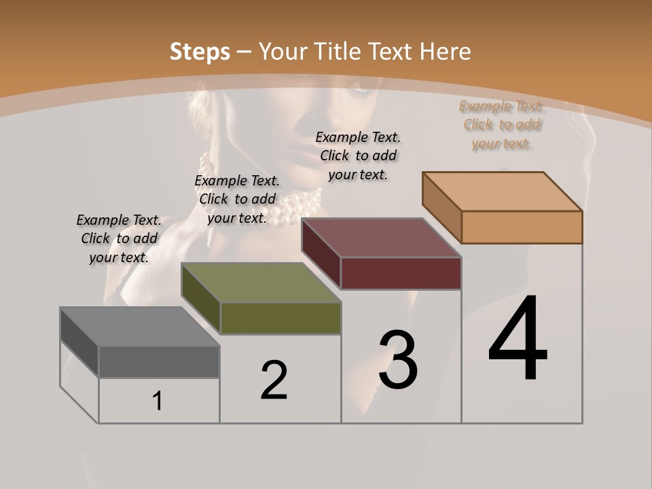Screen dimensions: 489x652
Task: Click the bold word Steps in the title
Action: coord(200,52)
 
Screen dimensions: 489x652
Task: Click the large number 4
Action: coord(518,339)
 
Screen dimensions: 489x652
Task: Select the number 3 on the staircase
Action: coord(398,360)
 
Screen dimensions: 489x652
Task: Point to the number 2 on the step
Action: coord(274,380)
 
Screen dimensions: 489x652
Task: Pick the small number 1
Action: coord(158,401)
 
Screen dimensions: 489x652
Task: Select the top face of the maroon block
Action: coord(381,238)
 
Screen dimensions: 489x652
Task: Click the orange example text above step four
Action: coord(501,125)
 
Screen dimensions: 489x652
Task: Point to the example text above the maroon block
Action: coord(358,156)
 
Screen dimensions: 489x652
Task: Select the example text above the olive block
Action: coord(237,199)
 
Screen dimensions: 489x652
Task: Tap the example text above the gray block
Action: coord(119,238)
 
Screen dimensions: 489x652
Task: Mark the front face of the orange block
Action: coord(522,227)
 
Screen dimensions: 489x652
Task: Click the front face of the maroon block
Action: coord(401,273)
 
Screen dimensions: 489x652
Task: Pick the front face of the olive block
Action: coord(280,318)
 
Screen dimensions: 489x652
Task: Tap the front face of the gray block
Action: coord(159,362)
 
